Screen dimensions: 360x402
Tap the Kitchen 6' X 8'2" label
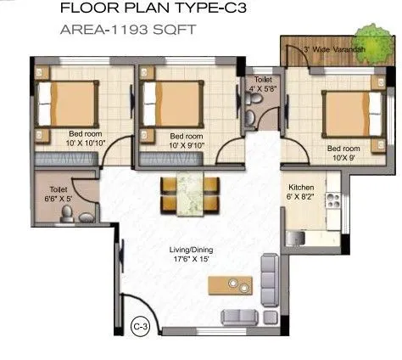302,192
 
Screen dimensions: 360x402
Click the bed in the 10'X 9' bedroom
348,112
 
